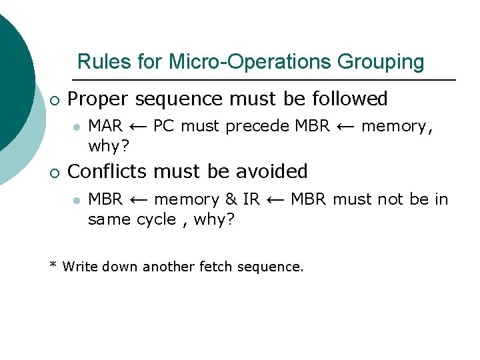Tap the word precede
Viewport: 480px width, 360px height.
pos(257,127)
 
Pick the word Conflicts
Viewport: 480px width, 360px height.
pos(109,171)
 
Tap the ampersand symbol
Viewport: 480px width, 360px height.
pos(231,199)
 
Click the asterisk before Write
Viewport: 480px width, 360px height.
pos(53,266)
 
